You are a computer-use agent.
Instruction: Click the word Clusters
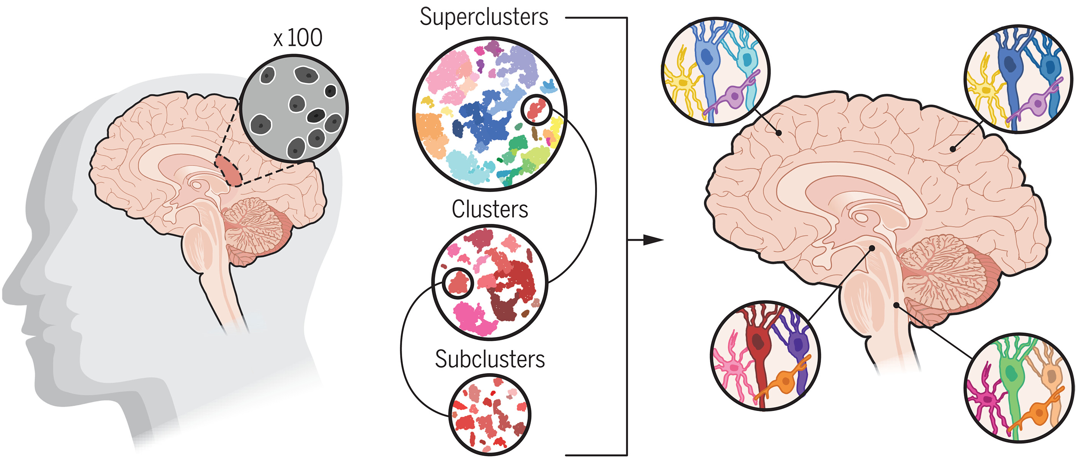coord(489,209)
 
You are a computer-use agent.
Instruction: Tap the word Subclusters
coord(489,359)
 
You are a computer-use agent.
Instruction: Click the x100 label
coord(298,38)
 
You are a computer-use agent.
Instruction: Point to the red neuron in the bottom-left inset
coord(759,346)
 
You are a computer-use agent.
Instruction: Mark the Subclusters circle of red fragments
coord(489,415)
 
